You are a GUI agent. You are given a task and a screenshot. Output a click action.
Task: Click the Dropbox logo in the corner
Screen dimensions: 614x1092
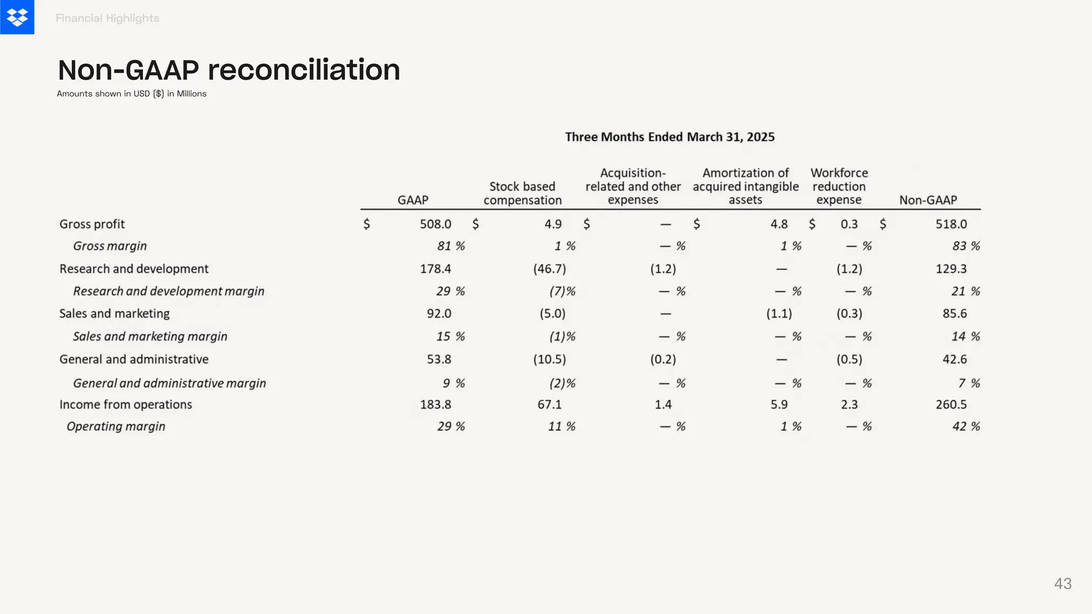[x=17, y=17]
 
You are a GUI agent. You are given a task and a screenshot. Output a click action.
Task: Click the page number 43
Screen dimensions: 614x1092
[x=1063, y=584]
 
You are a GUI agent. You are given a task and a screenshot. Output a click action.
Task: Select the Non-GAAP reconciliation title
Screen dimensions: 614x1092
[x=229, y=70]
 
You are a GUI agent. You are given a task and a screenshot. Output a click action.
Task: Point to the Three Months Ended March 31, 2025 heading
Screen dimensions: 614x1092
[x=670, y=137]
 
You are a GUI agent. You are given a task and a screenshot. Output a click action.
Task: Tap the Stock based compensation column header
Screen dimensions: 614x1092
[x=523, y=193]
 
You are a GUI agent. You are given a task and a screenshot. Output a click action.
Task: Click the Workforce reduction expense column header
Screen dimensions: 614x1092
[x=839, y=187]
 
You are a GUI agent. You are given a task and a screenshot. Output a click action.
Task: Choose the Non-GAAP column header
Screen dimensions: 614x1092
[x=928, y=200]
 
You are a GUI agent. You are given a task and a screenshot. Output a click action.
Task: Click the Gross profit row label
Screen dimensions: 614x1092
[x=92, y=224]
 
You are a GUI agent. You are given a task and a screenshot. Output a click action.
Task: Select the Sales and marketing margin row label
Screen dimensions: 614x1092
[x=150, y=336]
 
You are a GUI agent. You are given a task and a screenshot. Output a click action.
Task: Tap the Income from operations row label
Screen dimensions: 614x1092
[x=125, y=405]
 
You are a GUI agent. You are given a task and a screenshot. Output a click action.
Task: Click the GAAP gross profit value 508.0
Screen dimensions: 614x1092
[x=435, y=224]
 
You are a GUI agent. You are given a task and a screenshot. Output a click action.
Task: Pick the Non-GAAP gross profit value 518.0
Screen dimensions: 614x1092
[x=951, y=224]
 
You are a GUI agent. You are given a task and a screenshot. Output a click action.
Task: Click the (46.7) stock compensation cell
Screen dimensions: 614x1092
[x=549, y=269]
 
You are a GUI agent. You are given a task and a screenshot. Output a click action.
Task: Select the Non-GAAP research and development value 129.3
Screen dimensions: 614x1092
[x=951, y=269]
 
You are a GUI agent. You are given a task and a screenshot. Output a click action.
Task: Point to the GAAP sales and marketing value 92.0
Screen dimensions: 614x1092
[x=439, y=313]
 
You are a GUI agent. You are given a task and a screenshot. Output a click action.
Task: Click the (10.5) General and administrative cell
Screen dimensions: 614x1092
[x=549, y=359]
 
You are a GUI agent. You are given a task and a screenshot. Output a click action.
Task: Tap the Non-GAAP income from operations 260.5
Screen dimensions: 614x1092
[x=951, y=405]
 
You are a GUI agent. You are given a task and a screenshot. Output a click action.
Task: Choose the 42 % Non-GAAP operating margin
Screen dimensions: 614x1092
[x=966, y=426]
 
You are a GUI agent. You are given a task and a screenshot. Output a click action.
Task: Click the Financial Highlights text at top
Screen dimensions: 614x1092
[x=107, y=18]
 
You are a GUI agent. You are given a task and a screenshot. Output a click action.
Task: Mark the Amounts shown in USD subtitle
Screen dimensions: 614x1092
[x=132, y=94]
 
